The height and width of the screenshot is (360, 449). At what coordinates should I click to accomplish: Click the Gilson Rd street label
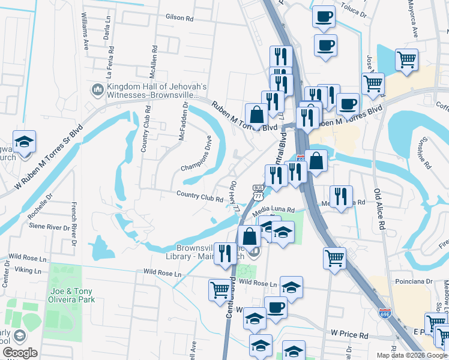click(x=179, y=19)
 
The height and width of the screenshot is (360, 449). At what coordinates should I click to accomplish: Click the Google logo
click(x=20, y=353)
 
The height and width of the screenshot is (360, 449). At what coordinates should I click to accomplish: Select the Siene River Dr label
click(x=50, y=227)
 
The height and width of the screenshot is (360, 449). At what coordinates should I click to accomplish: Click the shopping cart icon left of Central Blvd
click(x=220, y=290)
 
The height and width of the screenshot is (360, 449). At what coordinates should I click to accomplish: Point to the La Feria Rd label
click(x=109, y=65)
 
